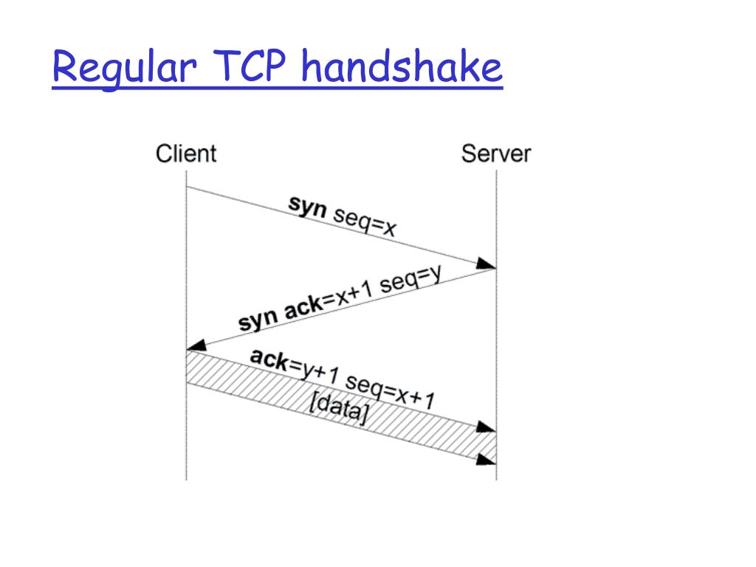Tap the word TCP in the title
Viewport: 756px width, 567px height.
coord(249,69)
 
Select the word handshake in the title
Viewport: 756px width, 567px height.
coord(402,69)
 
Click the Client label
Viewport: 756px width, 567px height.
coord(186,154)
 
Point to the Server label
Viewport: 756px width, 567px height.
coord(496,154)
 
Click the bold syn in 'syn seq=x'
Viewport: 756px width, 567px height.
coord(307,206)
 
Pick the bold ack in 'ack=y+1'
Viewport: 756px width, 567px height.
coord(269,359)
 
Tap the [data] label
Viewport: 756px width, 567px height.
coord(338,408)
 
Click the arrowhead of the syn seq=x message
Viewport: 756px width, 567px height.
coord(487,264)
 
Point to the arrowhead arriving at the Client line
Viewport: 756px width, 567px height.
coord(196,345)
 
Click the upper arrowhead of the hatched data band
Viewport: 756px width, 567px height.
coord(487,427)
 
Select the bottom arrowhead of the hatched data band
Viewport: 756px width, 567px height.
coord(487,458)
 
